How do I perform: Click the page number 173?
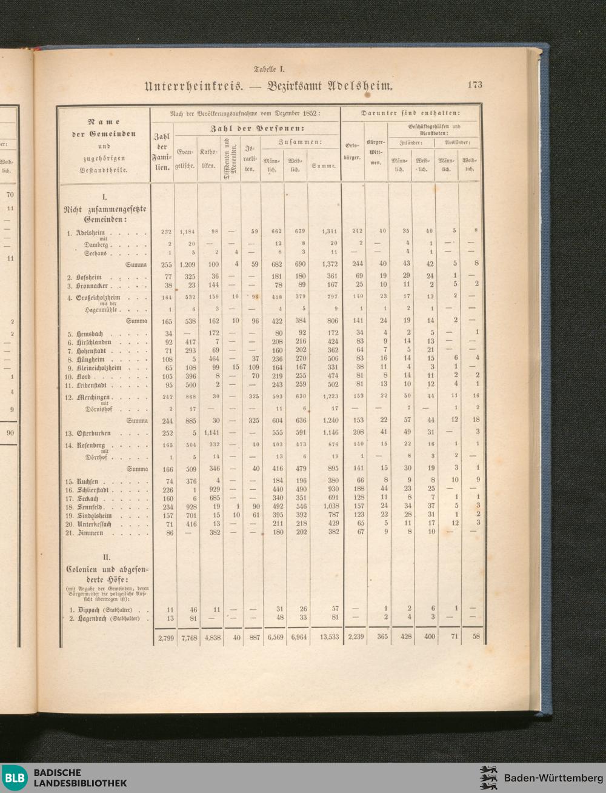coord(474,85)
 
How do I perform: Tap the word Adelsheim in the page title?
coord(360,86)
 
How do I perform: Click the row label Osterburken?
coord(95,433)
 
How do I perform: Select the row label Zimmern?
coord(89,532)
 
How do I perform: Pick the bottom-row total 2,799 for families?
coord(165,638)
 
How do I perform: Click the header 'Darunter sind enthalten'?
coord(410,112)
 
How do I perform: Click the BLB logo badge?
coord(15,777)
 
